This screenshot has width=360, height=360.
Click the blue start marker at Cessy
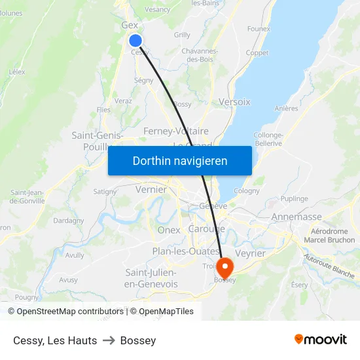click(135, 41)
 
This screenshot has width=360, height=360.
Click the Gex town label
click(130, 25)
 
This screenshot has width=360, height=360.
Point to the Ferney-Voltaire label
click(175, 132)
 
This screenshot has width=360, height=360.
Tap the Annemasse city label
click(296, 217)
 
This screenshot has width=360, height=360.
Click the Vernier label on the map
click(151, 189)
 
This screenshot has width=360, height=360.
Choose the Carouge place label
click(206, 228)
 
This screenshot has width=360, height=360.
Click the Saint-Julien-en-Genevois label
click(151, 278)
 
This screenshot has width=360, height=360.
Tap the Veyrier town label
click(249, 253)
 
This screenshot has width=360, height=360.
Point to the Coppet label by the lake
click(257, 53)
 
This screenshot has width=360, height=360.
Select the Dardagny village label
click(69, 221)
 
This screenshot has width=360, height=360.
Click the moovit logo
click(320, 340)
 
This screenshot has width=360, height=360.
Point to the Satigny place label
click(105, 192)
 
